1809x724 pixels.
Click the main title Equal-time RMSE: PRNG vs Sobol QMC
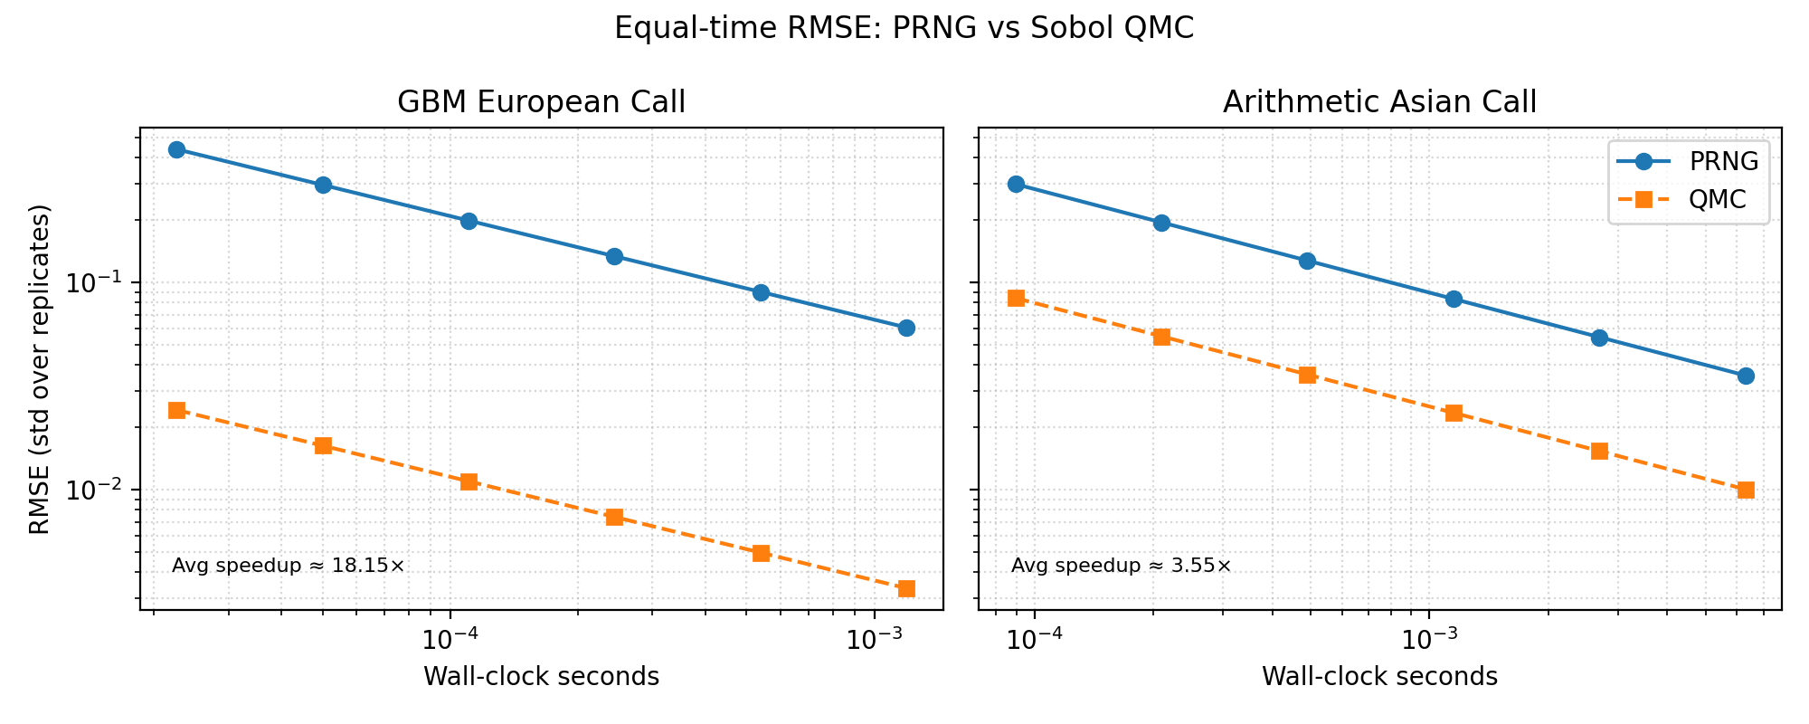[904, 29]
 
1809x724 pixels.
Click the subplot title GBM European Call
[541, 103]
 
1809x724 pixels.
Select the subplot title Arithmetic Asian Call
[1379, 103]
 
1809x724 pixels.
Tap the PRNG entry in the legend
[1723, 162]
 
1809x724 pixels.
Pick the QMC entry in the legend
[1717, 200]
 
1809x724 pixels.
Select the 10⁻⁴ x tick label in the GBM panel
[450, 640]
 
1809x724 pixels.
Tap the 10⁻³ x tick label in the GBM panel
[874, 640]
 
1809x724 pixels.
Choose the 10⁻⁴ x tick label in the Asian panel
[1035, 640]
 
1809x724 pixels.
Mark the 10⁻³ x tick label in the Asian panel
[1428, 640]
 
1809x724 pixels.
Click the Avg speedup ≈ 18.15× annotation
[288, 567]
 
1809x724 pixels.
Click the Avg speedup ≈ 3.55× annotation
[1121, 567]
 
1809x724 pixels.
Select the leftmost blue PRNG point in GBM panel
[177, 150]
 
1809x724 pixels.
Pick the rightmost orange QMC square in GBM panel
[906, 589]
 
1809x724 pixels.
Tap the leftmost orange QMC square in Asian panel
[1016, 299]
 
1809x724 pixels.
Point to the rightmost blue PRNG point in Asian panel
[1746, 376]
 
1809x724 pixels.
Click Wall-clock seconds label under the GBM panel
[541, 677]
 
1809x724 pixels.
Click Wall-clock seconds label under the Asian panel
[1379, 677]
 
